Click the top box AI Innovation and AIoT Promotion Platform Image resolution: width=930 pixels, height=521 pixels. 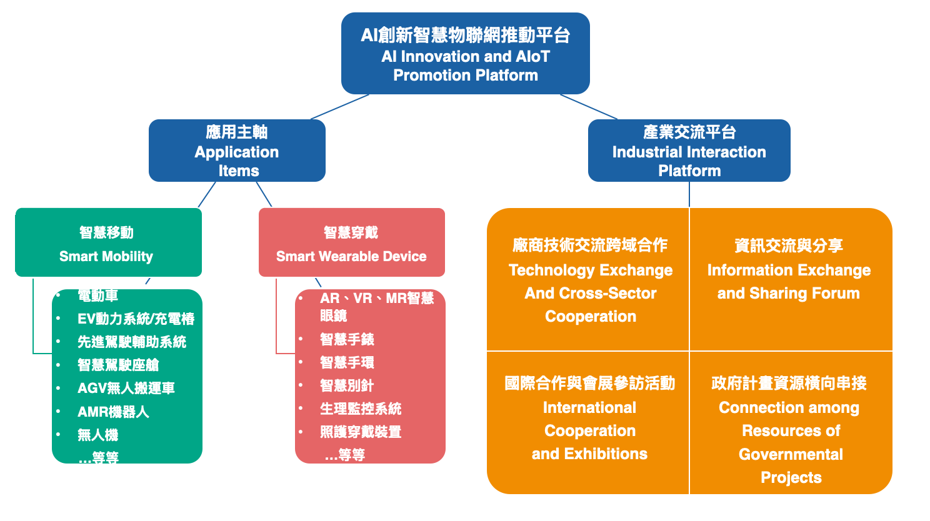[465, 54]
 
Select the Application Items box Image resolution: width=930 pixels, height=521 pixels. [237, 151]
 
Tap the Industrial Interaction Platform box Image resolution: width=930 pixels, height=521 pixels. [689, 151]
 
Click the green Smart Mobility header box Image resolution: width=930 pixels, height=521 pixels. [108, 243]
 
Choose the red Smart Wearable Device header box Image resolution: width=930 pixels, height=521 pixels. [351, 243]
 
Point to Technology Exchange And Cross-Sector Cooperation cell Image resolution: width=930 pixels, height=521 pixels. [589, 280]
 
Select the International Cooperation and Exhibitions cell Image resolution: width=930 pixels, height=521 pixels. [589, 419]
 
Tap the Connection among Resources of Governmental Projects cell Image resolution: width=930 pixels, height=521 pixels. [790, 430]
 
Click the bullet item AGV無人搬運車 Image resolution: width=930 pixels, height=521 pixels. [126, 389]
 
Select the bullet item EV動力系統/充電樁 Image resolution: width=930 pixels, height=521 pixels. [136, 319]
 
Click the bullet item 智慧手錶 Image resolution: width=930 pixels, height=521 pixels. [347, 340]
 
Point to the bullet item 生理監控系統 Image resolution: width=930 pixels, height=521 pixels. [361, 409]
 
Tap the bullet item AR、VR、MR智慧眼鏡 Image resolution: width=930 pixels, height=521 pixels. [376, 306]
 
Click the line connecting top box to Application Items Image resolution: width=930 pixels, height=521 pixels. [339, 107]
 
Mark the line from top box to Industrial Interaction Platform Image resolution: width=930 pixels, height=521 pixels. [589, 107]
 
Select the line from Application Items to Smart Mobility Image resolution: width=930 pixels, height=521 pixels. [207, 194]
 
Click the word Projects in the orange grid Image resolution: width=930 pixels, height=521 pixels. [791, 478]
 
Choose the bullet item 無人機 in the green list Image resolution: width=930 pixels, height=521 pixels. [98, 435]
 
